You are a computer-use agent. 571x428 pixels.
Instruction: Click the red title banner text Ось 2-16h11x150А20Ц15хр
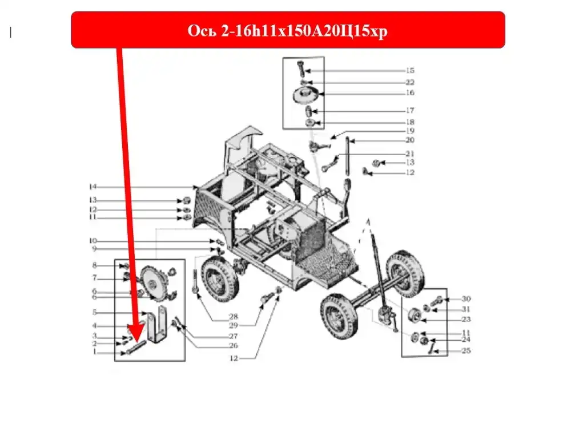(x=287, y=31)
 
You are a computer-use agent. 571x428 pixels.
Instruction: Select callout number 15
(x=410, y=70)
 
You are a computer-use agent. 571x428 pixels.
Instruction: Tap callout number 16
(x=410, y=92)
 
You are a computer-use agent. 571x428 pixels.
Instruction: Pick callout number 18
(x=410, y=122)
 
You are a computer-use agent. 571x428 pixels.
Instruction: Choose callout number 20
(x=410, y=140)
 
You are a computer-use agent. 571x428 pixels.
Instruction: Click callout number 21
(x=410, y=154)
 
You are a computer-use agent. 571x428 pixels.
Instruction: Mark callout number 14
(x=93, y=187)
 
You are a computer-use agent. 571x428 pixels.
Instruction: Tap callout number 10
(x=93, y=241)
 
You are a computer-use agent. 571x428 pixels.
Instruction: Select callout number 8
(x=95, y=265)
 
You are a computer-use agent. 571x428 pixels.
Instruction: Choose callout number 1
(x=95, y=352)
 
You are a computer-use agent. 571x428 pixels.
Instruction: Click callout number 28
(x=234, y=316)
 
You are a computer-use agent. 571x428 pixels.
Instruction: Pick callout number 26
(x=234, y=345)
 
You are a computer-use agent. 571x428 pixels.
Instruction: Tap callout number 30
(x=466, y=299)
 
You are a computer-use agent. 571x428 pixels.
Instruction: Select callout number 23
(x=466, y=319)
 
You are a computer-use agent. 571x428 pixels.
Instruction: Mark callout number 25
(x=466, y=350)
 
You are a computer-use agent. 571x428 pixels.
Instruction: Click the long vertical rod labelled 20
(x=348, y=156)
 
